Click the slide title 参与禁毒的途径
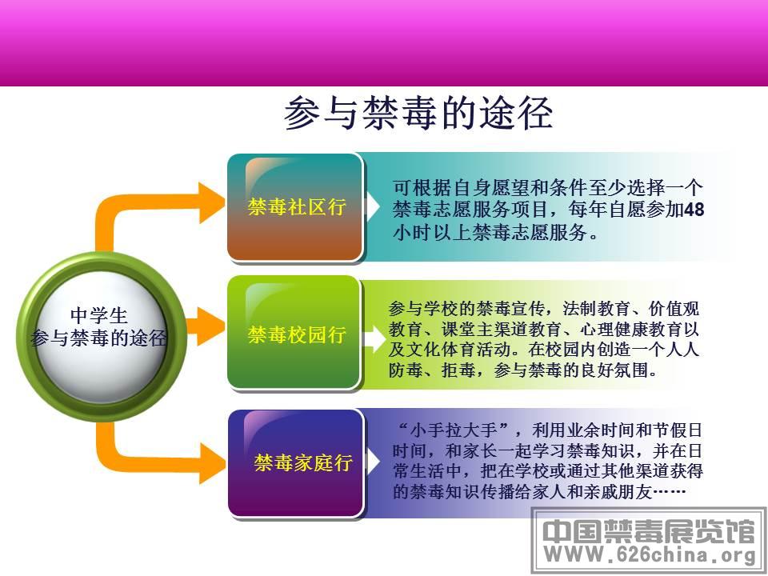pos(418,113)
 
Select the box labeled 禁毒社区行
pos(295,206)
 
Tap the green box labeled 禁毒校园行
pos(294,333)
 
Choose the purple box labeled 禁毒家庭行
pos(296,463)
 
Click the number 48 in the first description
pos(694,210)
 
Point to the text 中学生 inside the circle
pos(99,315)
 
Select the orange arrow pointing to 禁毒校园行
pos(205,326)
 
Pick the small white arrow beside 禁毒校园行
pos(375,338)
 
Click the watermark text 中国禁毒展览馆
pos(649,531)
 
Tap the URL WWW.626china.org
pos(650,554)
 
